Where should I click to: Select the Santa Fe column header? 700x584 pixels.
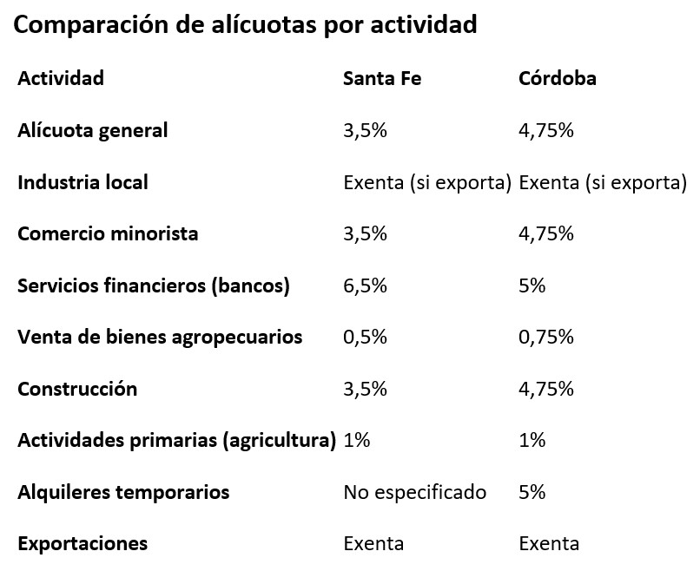(x=382, y=78)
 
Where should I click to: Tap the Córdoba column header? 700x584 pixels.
(x=557, y=78)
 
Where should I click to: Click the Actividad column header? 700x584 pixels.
(x=61, y=78)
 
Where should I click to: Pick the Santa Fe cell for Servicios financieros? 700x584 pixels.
(x=365, y=285)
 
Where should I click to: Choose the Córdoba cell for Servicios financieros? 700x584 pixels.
(x=532, y=285)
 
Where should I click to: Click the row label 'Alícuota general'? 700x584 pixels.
(x=92, y=130)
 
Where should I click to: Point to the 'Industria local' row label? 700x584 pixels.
(x=83, y=182)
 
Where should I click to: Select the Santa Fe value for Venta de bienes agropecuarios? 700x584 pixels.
(x=365, y=338)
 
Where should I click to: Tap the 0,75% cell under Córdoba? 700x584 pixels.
(x=545, y=338)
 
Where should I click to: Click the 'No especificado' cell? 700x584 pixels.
(x=414, y=493)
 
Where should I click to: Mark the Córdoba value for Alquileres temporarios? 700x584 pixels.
(x=532, y=493)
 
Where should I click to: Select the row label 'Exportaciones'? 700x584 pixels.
(x=83, y=544)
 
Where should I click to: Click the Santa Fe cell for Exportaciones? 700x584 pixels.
(x=373, y=544)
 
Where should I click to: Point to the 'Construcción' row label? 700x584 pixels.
(x=77, y=389)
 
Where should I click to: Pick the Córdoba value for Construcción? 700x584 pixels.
(x=545, y=389)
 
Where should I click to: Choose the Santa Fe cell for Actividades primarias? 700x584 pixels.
(x=357, y=441)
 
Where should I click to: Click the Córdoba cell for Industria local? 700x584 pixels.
(x=602, y=182)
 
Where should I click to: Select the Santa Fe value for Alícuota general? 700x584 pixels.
(x=365, y=130)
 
